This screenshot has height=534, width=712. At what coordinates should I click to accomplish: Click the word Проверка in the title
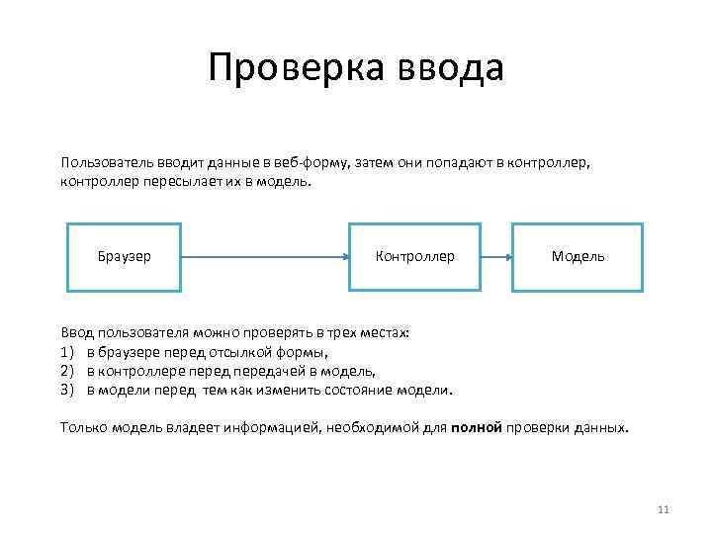[296, 68]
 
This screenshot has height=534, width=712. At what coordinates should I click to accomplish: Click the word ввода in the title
[451, 68]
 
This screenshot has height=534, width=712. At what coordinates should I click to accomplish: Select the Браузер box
[124, 257]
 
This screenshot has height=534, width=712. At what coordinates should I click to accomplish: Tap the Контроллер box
[415, 257]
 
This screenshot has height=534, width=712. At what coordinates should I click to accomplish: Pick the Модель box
[578, 257]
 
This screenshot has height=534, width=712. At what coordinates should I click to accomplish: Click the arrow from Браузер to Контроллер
[265, 257]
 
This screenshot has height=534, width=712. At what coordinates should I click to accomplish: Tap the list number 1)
[68, 352]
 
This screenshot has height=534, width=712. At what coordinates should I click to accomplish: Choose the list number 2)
[68, 371]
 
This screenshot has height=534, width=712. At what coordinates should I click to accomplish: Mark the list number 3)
[68, 390]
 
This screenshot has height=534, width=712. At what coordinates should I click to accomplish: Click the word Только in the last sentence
[83, 428]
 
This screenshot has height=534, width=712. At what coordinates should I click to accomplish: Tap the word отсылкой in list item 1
[240, 352]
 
